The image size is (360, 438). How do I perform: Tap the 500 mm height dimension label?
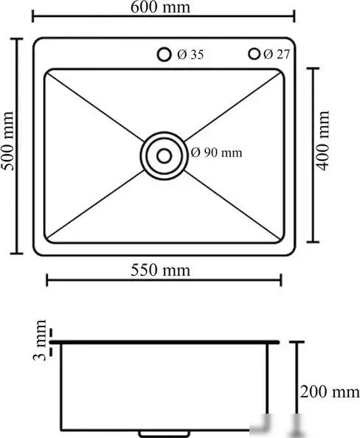[x=9, y=145]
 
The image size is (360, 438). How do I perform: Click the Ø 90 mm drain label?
[x=216, y=153]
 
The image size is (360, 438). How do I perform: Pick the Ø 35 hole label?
[x=190, y=55]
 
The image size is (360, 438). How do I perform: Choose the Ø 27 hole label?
[x=277, y=55]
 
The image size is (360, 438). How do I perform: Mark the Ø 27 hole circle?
[x=255, y=54]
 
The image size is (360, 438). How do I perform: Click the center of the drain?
[x=164, y=155]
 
